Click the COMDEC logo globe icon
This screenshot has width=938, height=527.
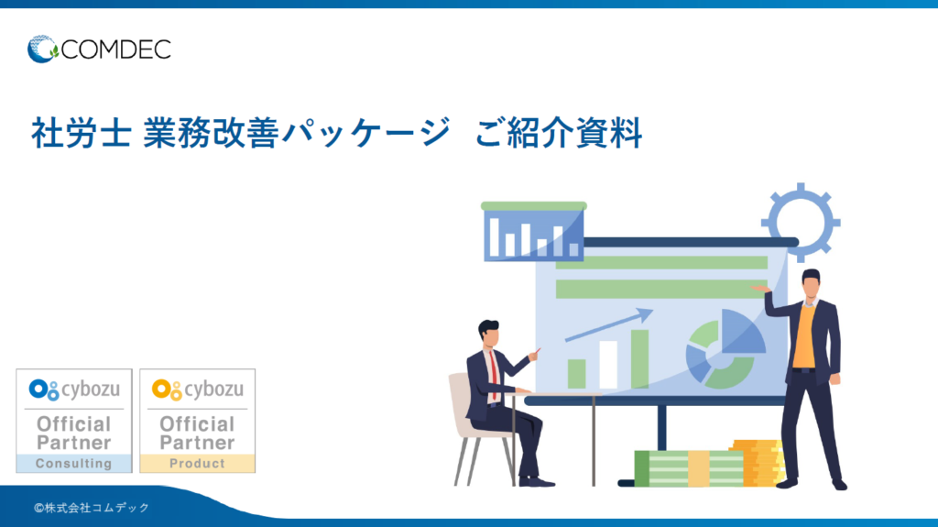(x=42, y=49)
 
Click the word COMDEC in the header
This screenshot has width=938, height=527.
(x=115, y=49)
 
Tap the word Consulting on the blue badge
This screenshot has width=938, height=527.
(x=73, y=464)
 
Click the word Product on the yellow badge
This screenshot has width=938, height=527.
(x=197, y=464)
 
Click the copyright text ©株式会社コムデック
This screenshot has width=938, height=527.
(x=91, y=507)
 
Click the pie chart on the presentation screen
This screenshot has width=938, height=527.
(x=725, y=348)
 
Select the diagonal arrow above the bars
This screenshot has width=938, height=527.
(x=608, y=324)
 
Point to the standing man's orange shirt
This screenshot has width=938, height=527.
(x=803, y=335)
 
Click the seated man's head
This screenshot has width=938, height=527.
(x=489, y=334)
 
